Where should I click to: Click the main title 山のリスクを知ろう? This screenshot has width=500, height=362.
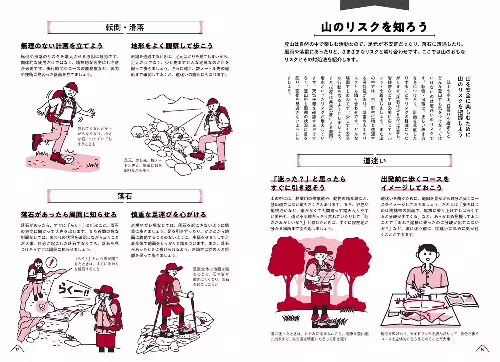(x=374, y=27)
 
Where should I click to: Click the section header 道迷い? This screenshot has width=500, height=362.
(x=373, y=160)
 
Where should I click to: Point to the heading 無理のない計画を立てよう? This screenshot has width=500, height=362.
(x=62, y=46)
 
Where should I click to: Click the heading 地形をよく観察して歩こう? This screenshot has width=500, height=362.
(x=172, y=46)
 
